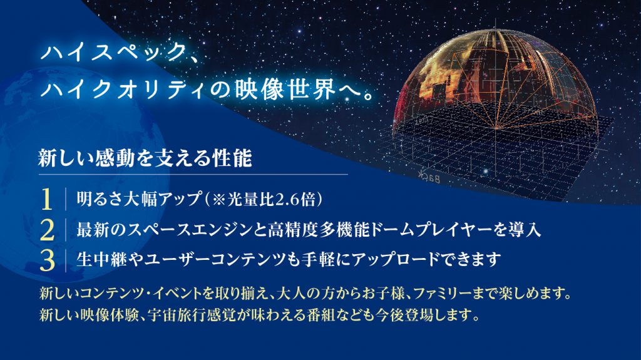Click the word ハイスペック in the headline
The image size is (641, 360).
[114, 53]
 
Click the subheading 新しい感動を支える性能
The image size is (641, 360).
[145, 158]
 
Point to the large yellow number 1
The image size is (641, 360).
[47, 199]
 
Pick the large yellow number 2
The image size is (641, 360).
[48, 230]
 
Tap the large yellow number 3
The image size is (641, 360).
[48, 260]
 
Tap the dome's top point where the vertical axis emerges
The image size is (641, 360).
[496, 29]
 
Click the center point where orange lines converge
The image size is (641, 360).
[496, 129]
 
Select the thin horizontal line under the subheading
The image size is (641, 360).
[193, 175]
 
